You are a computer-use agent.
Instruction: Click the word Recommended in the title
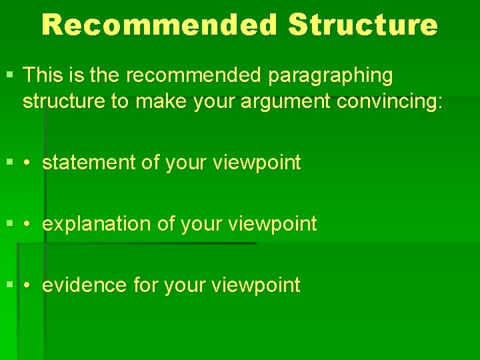coord(159,25)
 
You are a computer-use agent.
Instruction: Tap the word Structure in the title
coord(363,25)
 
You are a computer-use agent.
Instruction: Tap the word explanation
coord(97,224)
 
